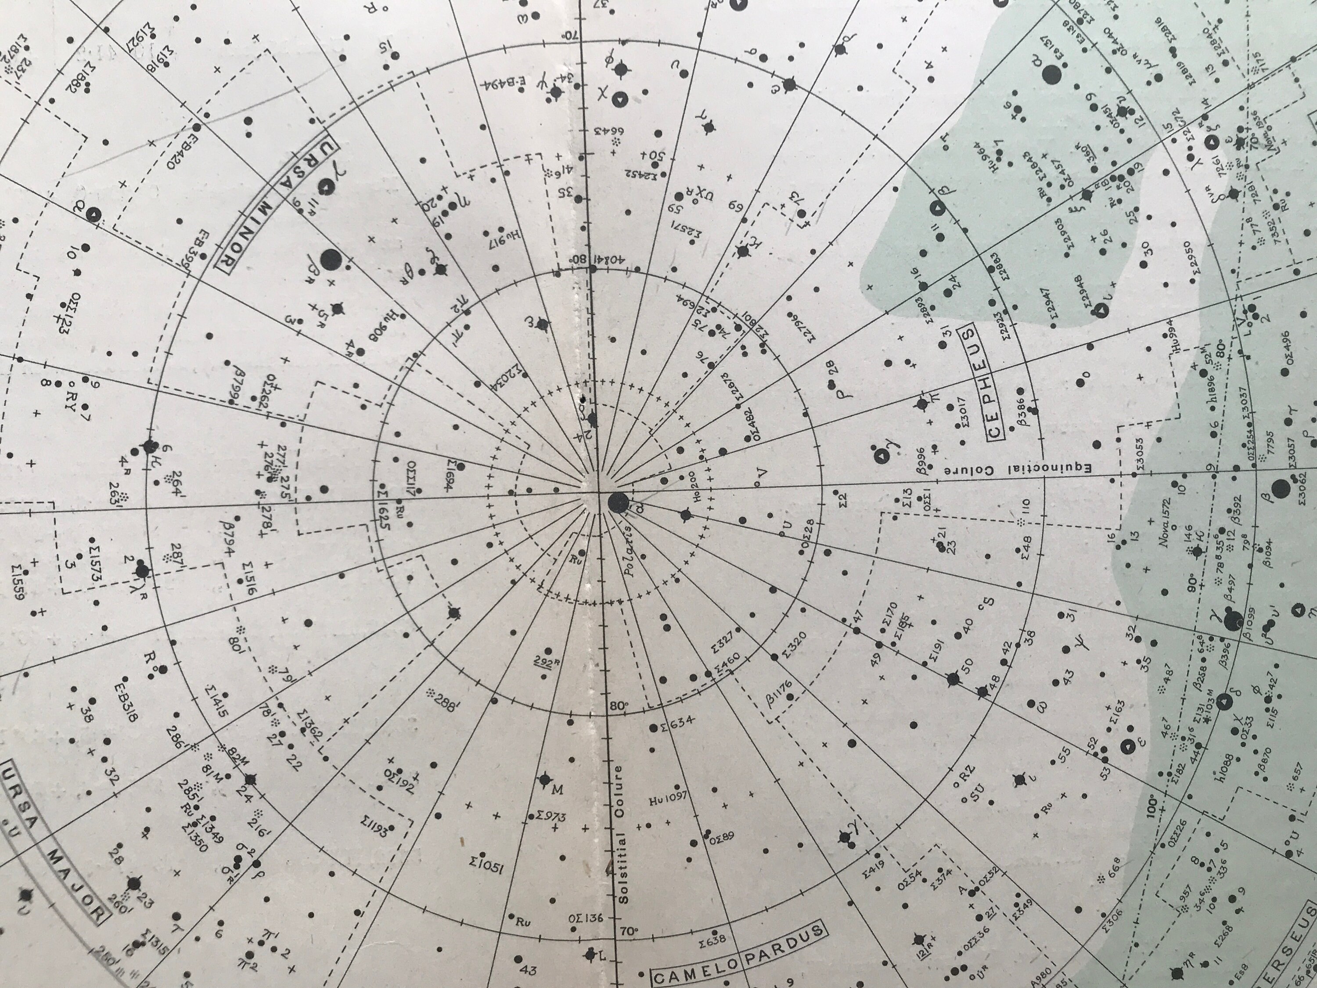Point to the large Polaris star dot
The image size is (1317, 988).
[617, 503]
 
